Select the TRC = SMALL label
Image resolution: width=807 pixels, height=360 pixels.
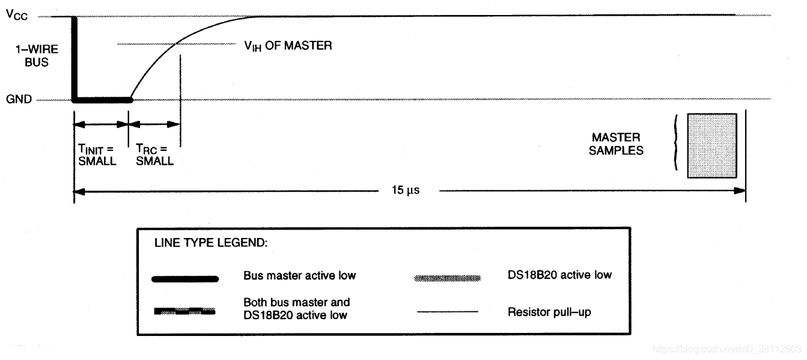click(x=153, y=156)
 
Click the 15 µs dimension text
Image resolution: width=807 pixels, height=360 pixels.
click(x=406, y=192)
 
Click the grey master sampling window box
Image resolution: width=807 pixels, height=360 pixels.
click(x=711, y=145)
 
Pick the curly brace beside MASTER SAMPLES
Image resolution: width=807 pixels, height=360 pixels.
click(x=676, y=144)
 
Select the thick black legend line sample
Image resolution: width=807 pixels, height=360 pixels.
click(x=186, y=279)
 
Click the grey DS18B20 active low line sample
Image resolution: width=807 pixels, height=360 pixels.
click(x=447, y=279)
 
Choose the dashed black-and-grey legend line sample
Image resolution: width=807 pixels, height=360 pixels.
click(x=184, y=311)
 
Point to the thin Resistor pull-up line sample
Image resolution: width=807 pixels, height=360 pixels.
click(x=447, y=311)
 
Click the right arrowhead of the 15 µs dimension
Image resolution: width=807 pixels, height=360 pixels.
click(x=741, y=191)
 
